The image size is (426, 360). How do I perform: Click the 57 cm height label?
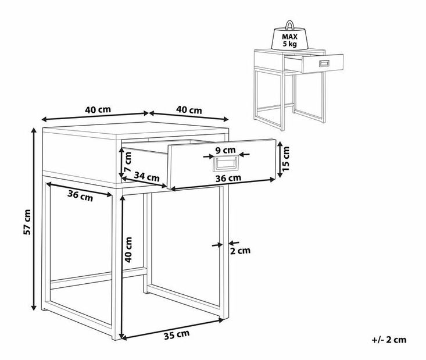coord(27,222)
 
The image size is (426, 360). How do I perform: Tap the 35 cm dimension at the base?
coord(177,335)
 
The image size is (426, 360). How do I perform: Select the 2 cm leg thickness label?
coord(240,251)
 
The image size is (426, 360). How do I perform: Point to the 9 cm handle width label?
coord(225,150)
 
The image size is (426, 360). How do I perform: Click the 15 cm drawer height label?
coord(286,159)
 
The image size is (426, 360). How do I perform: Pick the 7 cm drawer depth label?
coord(127,162)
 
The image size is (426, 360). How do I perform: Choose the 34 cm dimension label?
coord(146,177)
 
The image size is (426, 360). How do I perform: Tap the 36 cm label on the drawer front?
coord(228,178)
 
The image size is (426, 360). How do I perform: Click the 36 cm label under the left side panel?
coord(80,195)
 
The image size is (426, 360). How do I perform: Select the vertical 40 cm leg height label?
coord(128,249)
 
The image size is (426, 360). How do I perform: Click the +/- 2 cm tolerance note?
coord(389,340)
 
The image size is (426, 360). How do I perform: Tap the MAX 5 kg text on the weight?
coord(289,40)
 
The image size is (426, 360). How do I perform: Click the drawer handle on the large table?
coord(225,163)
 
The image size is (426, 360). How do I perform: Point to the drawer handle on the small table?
coord(324,63)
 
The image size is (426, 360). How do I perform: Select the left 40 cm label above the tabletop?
coord(98,109)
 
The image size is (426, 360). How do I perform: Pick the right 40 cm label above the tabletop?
coord(189,110)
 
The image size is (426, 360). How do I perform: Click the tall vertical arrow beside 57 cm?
coord(34,219)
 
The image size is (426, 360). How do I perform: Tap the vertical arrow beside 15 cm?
coord(279,159)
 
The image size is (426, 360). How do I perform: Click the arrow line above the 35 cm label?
coord(173,329)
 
